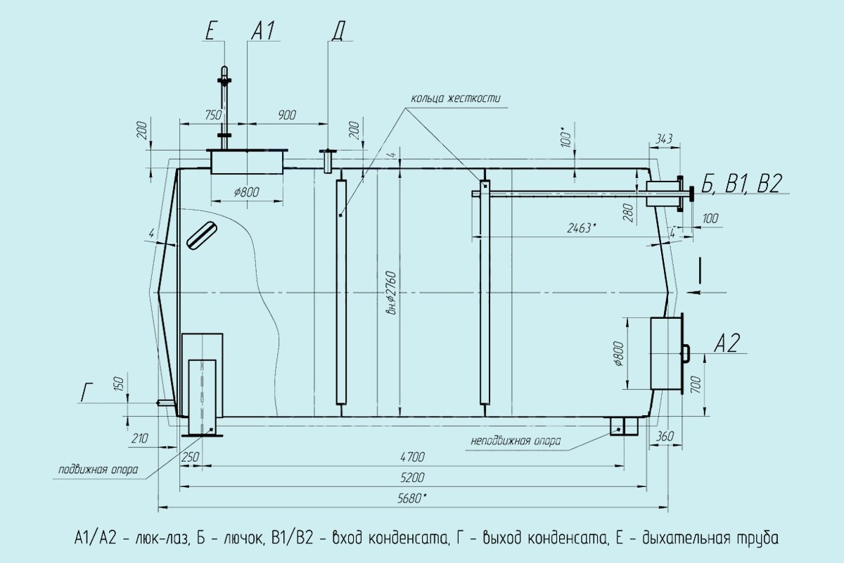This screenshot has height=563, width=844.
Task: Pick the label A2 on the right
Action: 726,343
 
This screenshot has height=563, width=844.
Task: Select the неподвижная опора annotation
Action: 516,441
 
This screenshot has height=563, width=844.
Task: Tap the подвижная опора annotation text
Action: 98,469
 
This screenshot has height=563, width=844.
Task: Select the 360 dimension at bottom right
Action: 664,436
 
